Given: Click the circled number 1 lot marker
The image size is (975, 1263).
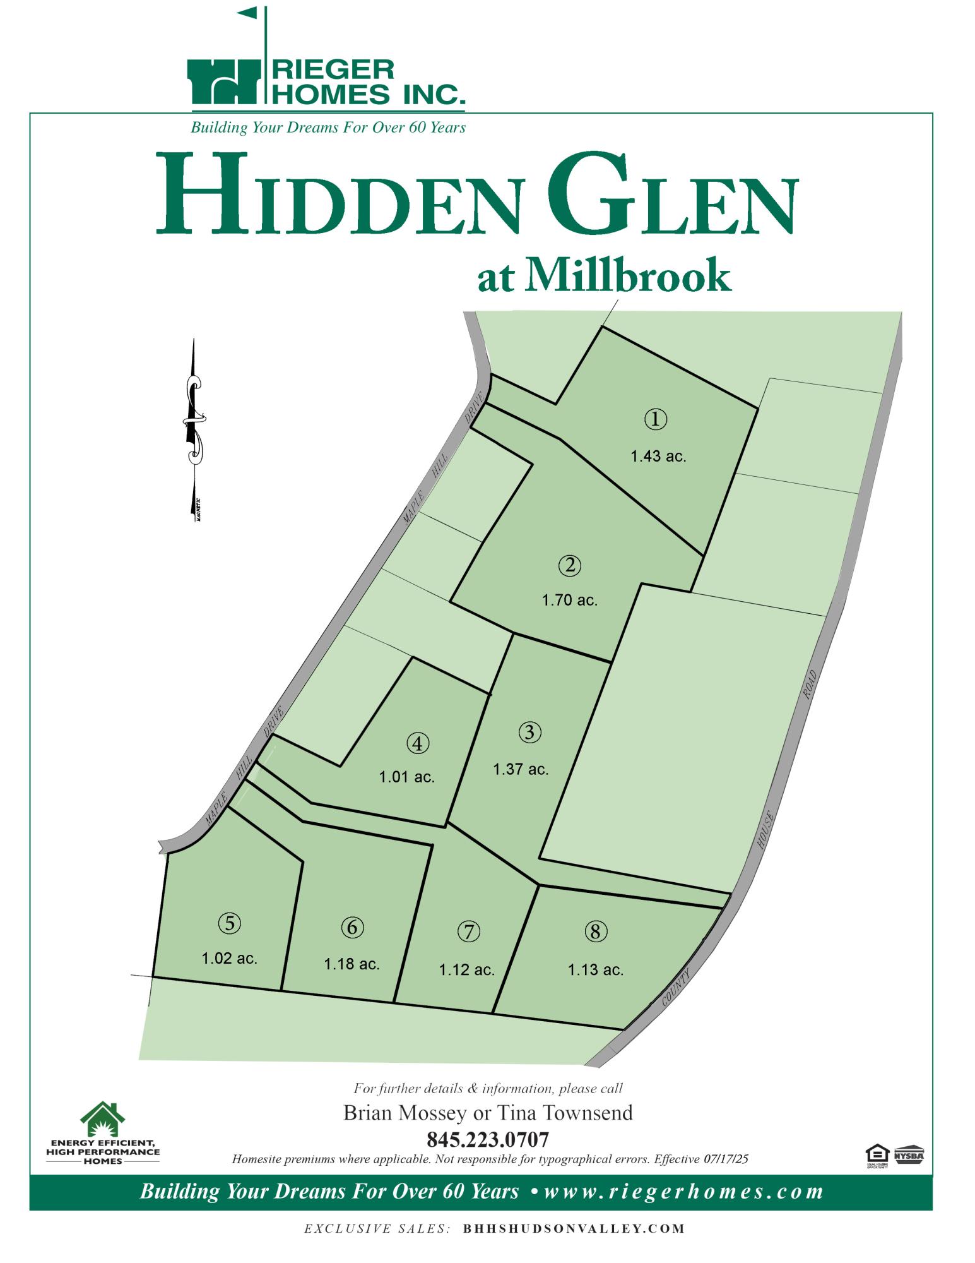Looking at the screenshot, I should tap(656, 419).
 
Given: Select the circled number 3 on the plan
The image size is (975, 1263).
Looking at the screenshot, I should tap(530, 733).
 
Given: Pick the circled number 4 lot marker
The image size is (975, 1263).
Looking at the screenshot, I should tap(418, 743).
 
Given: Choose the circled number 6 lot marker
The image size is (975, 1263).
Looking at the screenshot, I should tap(352, 928).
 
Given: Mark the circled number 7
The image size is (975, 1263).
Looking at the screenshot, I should tap(468, 931).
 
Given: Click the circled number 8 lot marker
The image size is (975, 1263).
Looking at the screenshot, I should tap(596, 931).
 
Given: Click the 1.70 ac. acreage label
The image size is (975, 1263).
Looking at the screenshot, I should tap(569, 600).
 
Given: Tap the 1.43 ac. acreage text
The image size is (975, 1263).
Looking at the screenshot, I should tap(658, 456).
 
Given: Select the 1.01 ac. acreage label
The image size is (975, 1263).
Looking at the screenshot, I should tap(407, 777).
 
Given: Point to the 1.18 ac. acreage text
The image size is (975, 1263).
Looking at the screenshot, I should tap(352, 964).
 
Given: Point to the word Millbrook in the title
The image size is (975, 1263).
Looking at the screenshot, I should tap(627, 277).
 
